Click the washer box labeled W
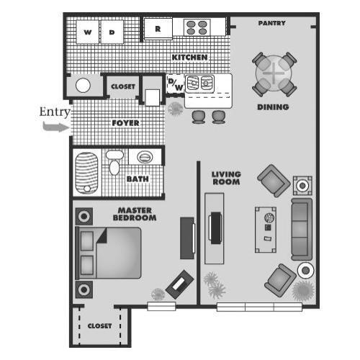[87, 32]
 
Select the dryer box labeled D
[112, 32]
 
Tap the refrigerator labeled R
[158, 29]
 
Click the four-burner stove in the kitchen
[197, 27]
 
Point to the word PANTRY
[272, 23]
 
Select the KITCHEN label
[189, 57]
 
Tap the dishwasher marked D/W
[175, 84]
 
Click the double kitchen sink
[200, 83]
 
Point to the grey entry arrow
[53, 127]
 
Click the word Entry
[53, 112]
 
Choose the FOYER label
[125, 123]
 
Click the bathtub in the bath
[86, 171]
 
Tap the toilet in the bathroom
[114, 163]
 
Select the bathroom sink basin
[145, 156]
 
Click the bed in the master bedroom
[110, 253]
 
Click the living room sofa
[300, 230]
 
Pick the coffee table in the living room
[267, 228]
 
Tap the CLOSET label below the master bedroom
[100, 325]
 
